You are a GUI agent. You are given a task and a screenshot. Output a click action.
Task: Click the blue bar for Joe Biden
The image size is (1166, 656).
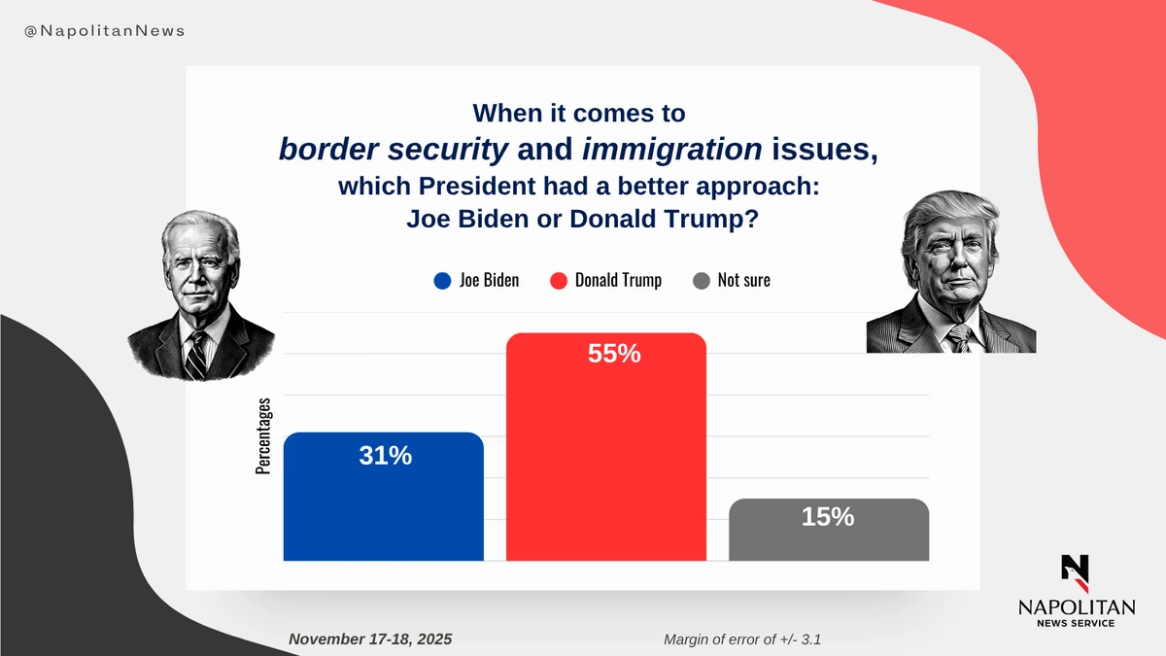pos(383,505)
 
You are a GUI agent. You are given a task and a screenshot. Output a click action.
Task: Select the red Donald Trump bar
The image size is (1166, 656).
pos(605,457)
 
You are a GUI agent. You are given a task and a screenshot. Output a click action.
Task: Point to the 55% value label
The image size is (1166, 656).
pos(614,354)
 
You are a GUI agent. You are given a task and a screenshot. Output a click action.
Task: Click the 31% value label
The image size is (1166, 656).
pos(386,455)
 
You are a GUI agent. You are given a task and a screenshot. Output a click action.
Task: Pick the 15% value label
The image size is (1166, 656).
pos(828,517)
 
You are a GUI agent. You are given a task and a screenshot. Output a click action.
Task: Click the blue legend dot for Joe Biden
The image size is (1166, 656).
pos(442,281)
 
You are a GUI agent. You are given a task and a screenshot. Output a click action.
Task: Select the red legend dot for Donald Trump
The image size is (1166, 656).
pos(558,281)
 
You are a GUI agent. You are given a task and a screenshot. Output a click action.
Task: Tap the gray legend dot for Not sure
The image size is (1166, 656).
pos(701,281)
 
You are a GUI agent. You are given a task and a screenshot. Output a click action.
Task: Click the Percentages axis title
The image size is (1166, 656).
pos(263,436)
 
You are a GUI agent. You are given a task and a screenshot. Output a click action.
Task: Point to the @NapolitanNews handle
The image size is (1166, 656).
pos(104,31)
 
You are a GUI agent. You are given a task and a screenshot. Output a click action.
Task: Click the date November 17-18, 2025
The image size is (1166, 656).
pos(370,639)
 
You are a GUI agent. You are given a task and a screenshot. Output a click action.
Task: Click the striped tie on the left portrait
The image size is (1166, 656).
pos(195,355)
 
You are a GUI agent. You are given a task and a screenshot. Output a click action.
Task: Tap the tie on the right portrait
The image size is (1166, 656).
pos(958,338)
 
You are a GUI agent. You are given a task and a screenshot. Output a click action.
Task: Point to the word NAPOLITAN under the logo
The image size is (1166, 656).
pos(1076,607)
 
